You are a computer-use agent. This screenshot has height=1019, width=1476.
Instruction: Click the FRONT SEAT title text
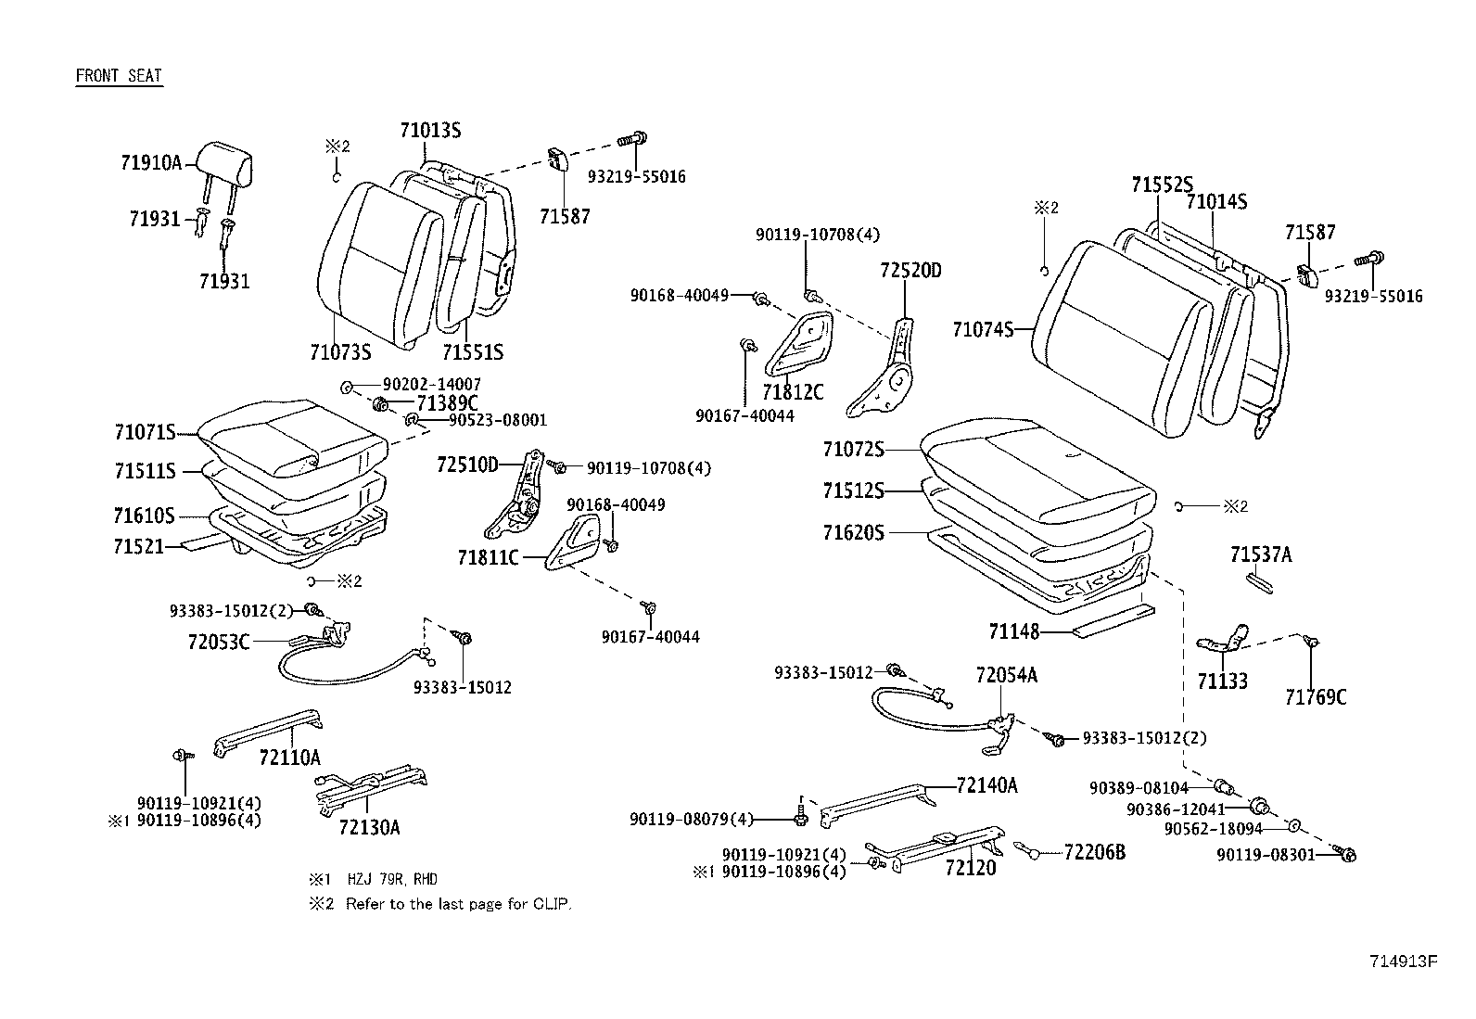coord(119,76)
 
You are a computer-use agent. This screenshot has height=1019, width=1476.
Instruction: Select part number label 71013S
coord(430,130)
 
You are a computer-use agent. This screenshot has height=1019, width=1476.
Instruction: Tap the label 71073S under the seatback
coord(340,352)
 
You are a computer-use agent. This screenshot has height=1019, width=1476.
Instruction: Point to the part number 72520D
coord(910,271)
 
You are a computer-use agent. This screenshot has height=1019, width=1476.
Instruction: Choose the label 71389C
coord(447,402)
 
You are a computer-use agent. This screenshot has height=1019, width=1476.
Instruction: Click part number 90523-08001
coord(497,420)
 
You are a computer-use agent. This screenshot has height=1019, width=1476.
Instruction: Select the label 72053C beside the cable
coord(218,641)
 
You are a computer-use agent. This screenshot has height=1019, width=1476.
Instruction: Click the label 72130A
coord(369,827)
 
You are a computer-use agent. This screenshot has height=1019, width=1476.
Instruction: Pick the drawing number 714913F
coord(1403,962)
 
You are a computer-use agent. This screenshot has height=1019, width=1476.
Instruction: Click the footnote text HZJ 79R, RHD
coord(392,879)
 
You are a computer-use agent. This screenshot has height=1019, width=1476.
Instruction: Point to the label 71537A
coord(1260,555)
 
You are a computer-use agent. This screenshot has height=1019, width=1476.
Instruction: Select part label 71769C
coord(1316,697)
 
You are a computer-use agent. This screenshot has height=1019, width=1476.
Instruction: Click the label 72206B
coord(1094,852)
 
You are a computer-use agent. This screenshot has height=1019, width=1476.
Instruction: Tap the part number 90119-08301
coord(1266,854)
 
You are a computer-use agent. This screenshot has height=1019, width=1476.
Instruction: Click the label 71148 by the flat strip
coord(1013,632)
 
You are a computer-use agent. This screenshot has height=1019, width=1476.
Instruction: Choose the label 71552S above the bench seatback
coord(1162,185)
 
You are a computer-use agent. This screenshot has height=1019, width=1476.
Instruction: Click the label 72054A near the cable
coord(1006,676)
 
